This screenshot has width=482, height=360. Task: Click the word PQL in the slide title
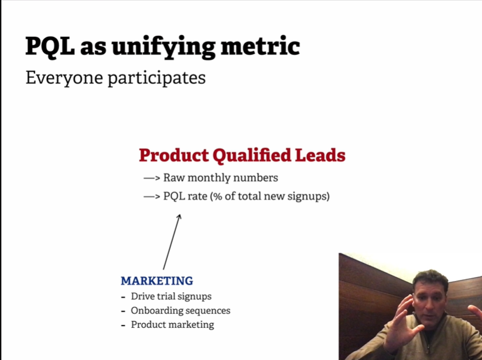pos(47,46)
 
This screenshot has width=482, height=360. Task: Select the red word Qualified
pos(255,156)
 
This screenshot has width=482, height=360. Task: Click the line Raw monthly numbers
pos(220,178)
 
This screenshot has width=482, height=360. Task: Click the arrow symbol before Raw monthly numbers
pos(152,178)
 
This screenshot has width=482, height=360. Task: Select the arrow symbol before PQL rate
pos(152,196)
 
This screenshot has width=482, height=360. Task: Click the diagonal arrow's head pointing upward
pos(179,217)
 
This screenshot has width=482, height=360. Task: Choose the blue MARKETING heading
pos(157,281)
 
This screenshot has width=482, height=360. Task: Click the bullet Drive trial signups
pos(171,296)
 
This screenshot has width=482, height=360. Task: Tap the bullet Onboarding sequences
pos(180,310)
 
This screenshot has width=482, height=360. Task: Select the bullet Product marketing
pos(172,324)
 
